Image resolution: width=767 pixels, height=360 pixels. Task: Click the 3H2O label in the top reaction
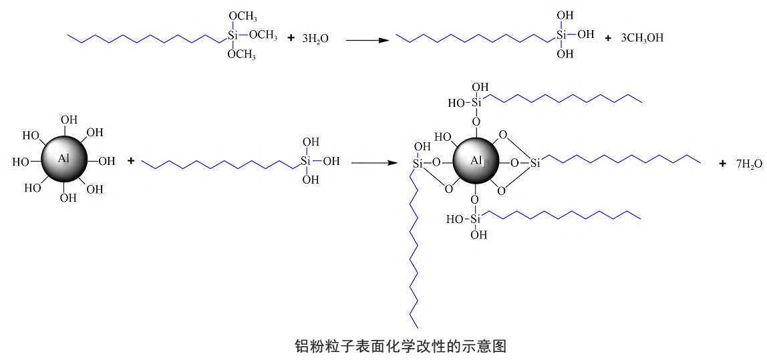click(315, 39)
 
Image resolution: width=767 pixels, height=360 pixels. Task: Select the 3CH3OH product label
click(642, 38)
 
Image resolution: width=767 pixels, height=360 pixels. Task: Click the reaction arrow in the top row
click(367, 40)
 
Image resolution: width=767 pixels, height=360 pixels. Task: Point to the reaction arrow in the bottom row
click(374, 162)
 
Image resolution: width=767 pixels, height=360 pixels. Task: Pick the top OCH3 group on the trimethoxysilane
click(243, 16)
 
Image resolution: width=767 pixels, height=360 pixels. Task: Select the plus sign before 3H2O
click(291, 38)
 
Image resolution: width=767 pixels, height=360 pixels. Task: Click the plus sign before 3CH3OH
click(608, 38)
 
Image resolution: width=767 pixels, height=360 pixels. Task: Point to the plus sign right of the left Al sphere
click(131, 161)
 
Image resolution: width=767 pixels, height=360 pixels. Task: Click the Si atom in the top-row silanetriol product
click(561, 34)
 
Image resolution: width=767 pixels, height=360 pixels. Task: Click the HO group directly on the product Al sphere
click(442, 137)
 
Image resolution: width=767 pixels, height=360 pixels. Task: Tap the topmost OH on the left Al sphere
click(69, 120)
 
